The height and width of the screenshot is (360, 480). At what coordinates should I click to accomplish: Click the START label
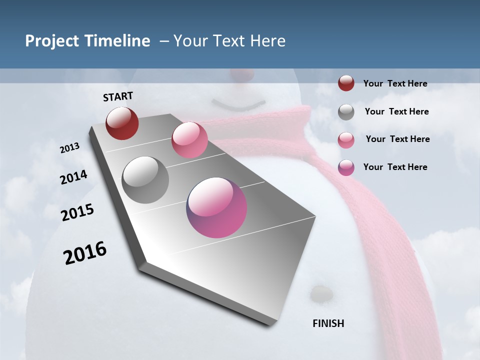[118, 96]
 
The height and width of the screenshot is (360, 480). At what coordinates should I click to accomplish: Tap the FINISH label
[328, 323]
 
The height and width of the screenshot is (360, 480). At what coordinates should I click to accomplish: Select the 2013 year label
[70, 148]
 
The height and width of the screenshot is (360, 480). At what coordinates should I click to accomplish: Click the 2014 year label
[74, 177]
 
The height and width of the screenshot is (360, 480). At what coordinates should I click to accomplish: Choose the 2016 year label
[85, 253]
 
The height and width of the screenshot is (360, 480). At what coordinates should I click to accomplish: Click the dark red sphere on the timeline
[122, 123]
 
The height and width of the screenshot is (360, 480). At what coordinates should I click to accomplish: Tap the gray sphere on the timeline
[145, 180]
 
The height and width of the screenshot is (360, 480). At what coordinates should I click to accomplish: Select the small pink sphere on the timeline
[189, 140]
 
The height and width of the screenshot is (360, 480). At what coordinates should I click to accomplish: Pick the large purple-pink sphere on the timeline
[216, 207]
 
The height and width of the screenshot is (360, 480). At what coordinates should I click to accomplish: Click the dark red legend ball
[346, 83]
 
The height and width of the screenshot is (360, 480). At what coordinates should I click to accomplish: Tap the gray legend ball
[346, 112]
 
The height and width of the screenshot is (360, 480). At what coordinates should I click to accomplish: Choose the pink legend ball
[346, 140]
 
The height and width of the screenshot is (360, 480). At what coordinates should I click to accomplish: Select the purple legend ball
[346, 167]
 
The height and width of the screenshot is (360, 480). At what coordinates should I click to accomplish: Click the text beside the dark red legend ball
[395, 83]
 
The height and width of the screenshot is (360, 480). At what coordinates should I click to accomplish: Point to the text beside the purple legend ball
[395, 167]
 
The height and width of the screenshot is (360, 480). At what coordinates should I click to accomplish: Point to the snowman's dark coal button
[320, 293]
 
